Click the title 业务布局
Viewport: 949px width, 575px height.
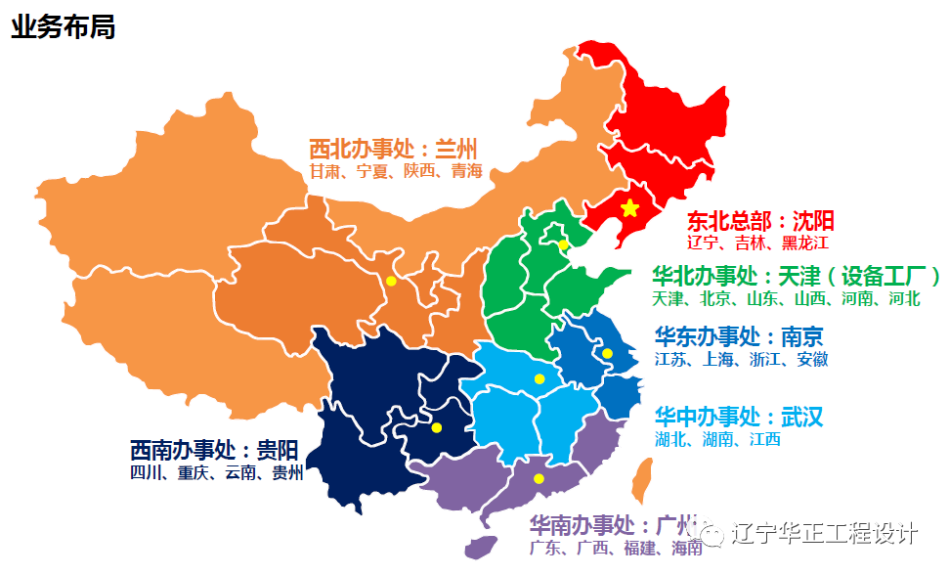tap(64, 26)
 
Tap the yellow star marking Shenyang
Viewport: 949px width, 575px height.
tap(629, 208)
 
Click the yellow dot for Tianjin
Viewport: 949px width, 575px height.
tap(563, 244)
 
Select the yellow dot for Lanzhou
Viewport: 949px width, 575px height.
tap(391, 281)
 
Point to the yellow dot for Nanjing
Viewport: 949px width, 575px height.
tap(607, 353)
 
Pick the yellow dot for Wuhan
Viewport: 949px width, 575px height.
tap(539, 378)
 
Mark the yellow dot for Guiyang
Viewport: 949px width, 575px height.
tap(436, 427)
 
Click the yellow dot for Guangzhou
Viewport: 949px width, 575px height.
tap(539, 478)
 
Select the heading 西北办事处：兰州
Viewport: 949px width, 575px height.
tap(393, 149)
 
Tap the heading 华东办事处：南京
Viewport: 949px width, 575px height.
tap(739, 336)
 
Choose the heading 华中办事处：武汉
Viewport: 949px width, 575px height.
tap(739, 417)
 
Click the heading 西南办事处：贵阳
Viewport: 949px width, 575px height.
tap(214, 451)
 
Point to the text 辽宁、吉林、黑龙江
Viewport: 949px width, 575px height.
tap(757, 243)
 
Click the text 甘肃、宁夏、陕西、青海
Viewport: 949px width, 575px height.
tap(396, 171)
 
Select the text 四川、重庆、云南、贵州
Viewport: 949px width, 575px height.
tap(216, 473)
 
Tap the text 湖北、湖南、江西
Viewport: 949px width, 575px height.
tap(717, 439)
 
